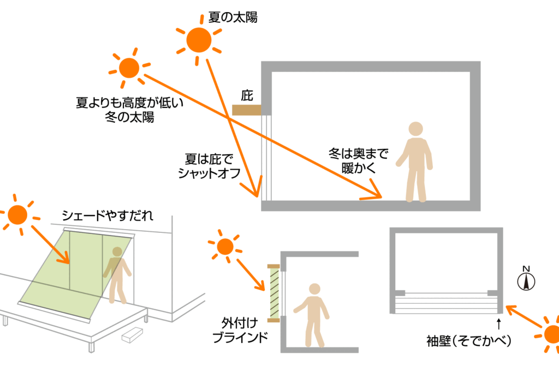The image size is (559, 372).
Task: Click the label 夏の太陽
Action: click(x=233, y=17)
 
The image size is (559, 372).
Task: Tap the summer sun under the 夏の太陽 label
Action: click(x=198, y=40)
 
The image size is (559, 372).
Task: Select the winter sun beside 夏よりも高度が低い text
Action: click(x=129, y=68)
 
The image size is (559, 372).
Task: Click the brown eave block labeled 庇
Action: click(x=247, y=109)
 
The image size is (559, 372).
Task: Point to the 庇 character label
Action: click(x=247, y=96)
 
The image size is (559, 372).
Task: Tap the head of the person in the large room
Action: click(x=416, y=129)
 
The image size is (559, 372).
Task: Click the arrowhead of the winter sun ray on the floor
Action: click(x=376, y=194)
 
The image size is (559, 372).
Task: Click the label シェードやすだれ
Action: click(x=108, y=216)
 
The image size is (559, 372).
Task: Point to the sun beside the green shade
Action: click(x=17, y=214)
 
